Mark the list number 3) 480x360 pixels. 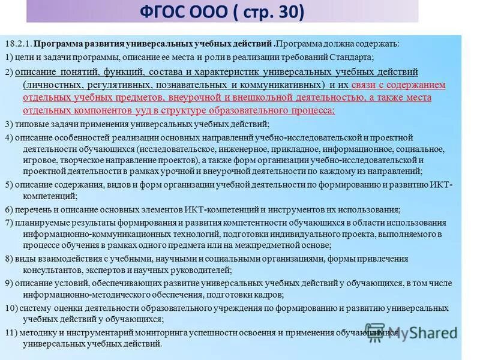click(9, 124)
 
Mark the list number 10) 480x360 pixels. click(11, 308)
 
